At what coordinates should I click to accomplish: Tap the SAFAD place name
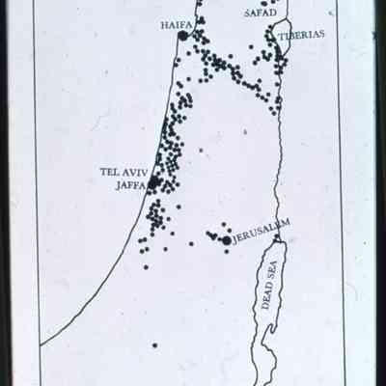coord(262,13)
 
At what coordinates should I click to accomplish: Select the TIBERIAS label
coord(302,35)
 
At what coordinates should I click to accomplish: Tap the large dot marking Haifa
coord(182,35)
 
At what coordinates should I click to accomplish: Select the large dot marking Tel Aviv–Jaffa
coord(153,180)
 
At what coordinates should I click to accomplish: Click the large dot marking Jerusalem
coord(227,239)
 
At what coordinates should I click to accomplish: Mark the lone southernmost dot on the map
coord(154,345)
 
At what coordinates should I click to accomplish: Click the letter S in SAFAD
coord(247,13)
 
